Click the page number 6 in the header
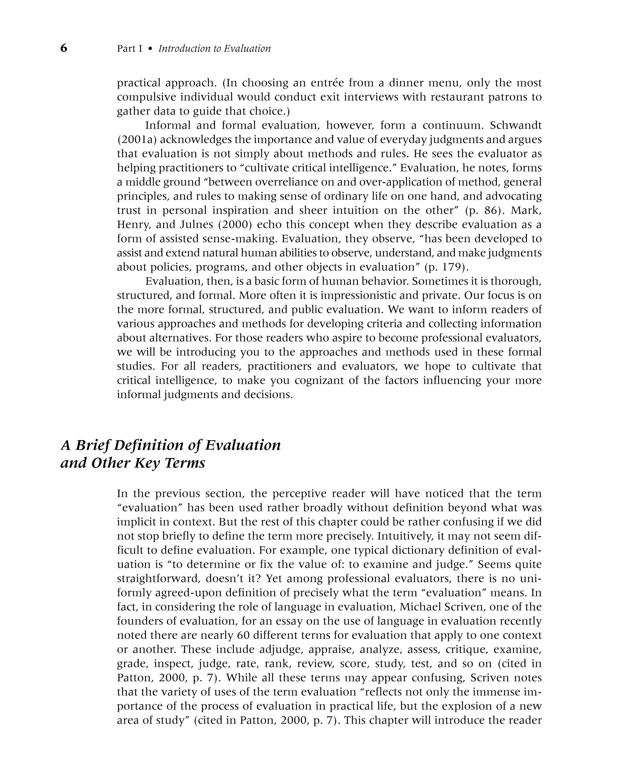point(64,48)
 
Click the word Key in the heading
point(147,463)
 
